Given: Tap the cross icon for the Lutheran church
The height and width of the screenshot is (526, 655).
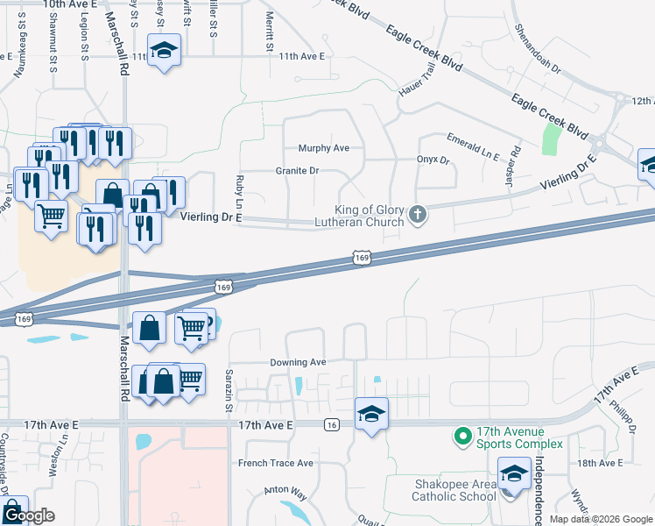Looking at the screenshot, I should click(418, 214).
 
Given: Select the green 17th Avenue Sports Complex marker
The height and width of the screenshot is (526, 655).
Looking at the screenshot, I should click(461, 436).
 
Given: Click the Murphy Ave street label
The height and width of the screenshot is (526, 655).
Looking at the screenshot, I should click(323, 148).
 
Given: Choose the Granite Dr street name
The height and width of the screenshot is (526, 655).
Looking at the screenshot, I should click(296, 170).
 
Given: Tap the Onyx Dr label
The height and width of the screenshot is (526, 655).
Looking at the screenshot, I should click(432, 160).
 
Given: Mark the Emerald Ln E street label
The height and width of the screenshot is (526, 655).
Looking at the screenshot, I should click(473, 147).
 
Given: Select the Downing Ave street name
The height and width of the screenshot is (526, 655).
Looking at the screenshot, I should click(298, 362).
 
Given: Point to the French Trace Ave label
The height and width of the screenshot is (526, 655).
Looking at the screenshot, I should click(276, 463).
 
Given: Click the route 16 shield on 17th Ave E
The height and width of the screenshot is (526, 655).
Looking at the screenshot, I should click(330, 425).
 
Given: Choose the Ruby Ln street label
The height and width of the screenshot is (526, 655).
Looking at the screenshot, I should click(238, 191).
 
